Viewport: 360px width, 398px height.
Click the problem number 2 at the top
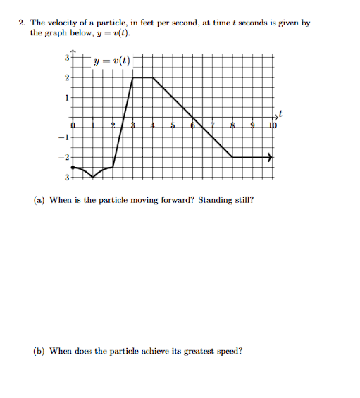[x=22, y=23]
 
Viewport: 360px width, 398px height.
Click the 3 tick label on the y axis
[x=66, y=57]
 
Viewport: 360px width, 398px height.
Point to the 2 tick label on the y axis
[x=66, y=77]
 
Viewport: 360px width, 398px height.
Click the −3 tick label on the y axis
[x=64, y=177]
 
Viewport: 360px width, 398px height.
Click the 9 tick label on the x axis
[x=252, y=125]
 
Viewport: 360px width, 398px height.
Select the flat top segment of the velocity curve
[x=143, y=77]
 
